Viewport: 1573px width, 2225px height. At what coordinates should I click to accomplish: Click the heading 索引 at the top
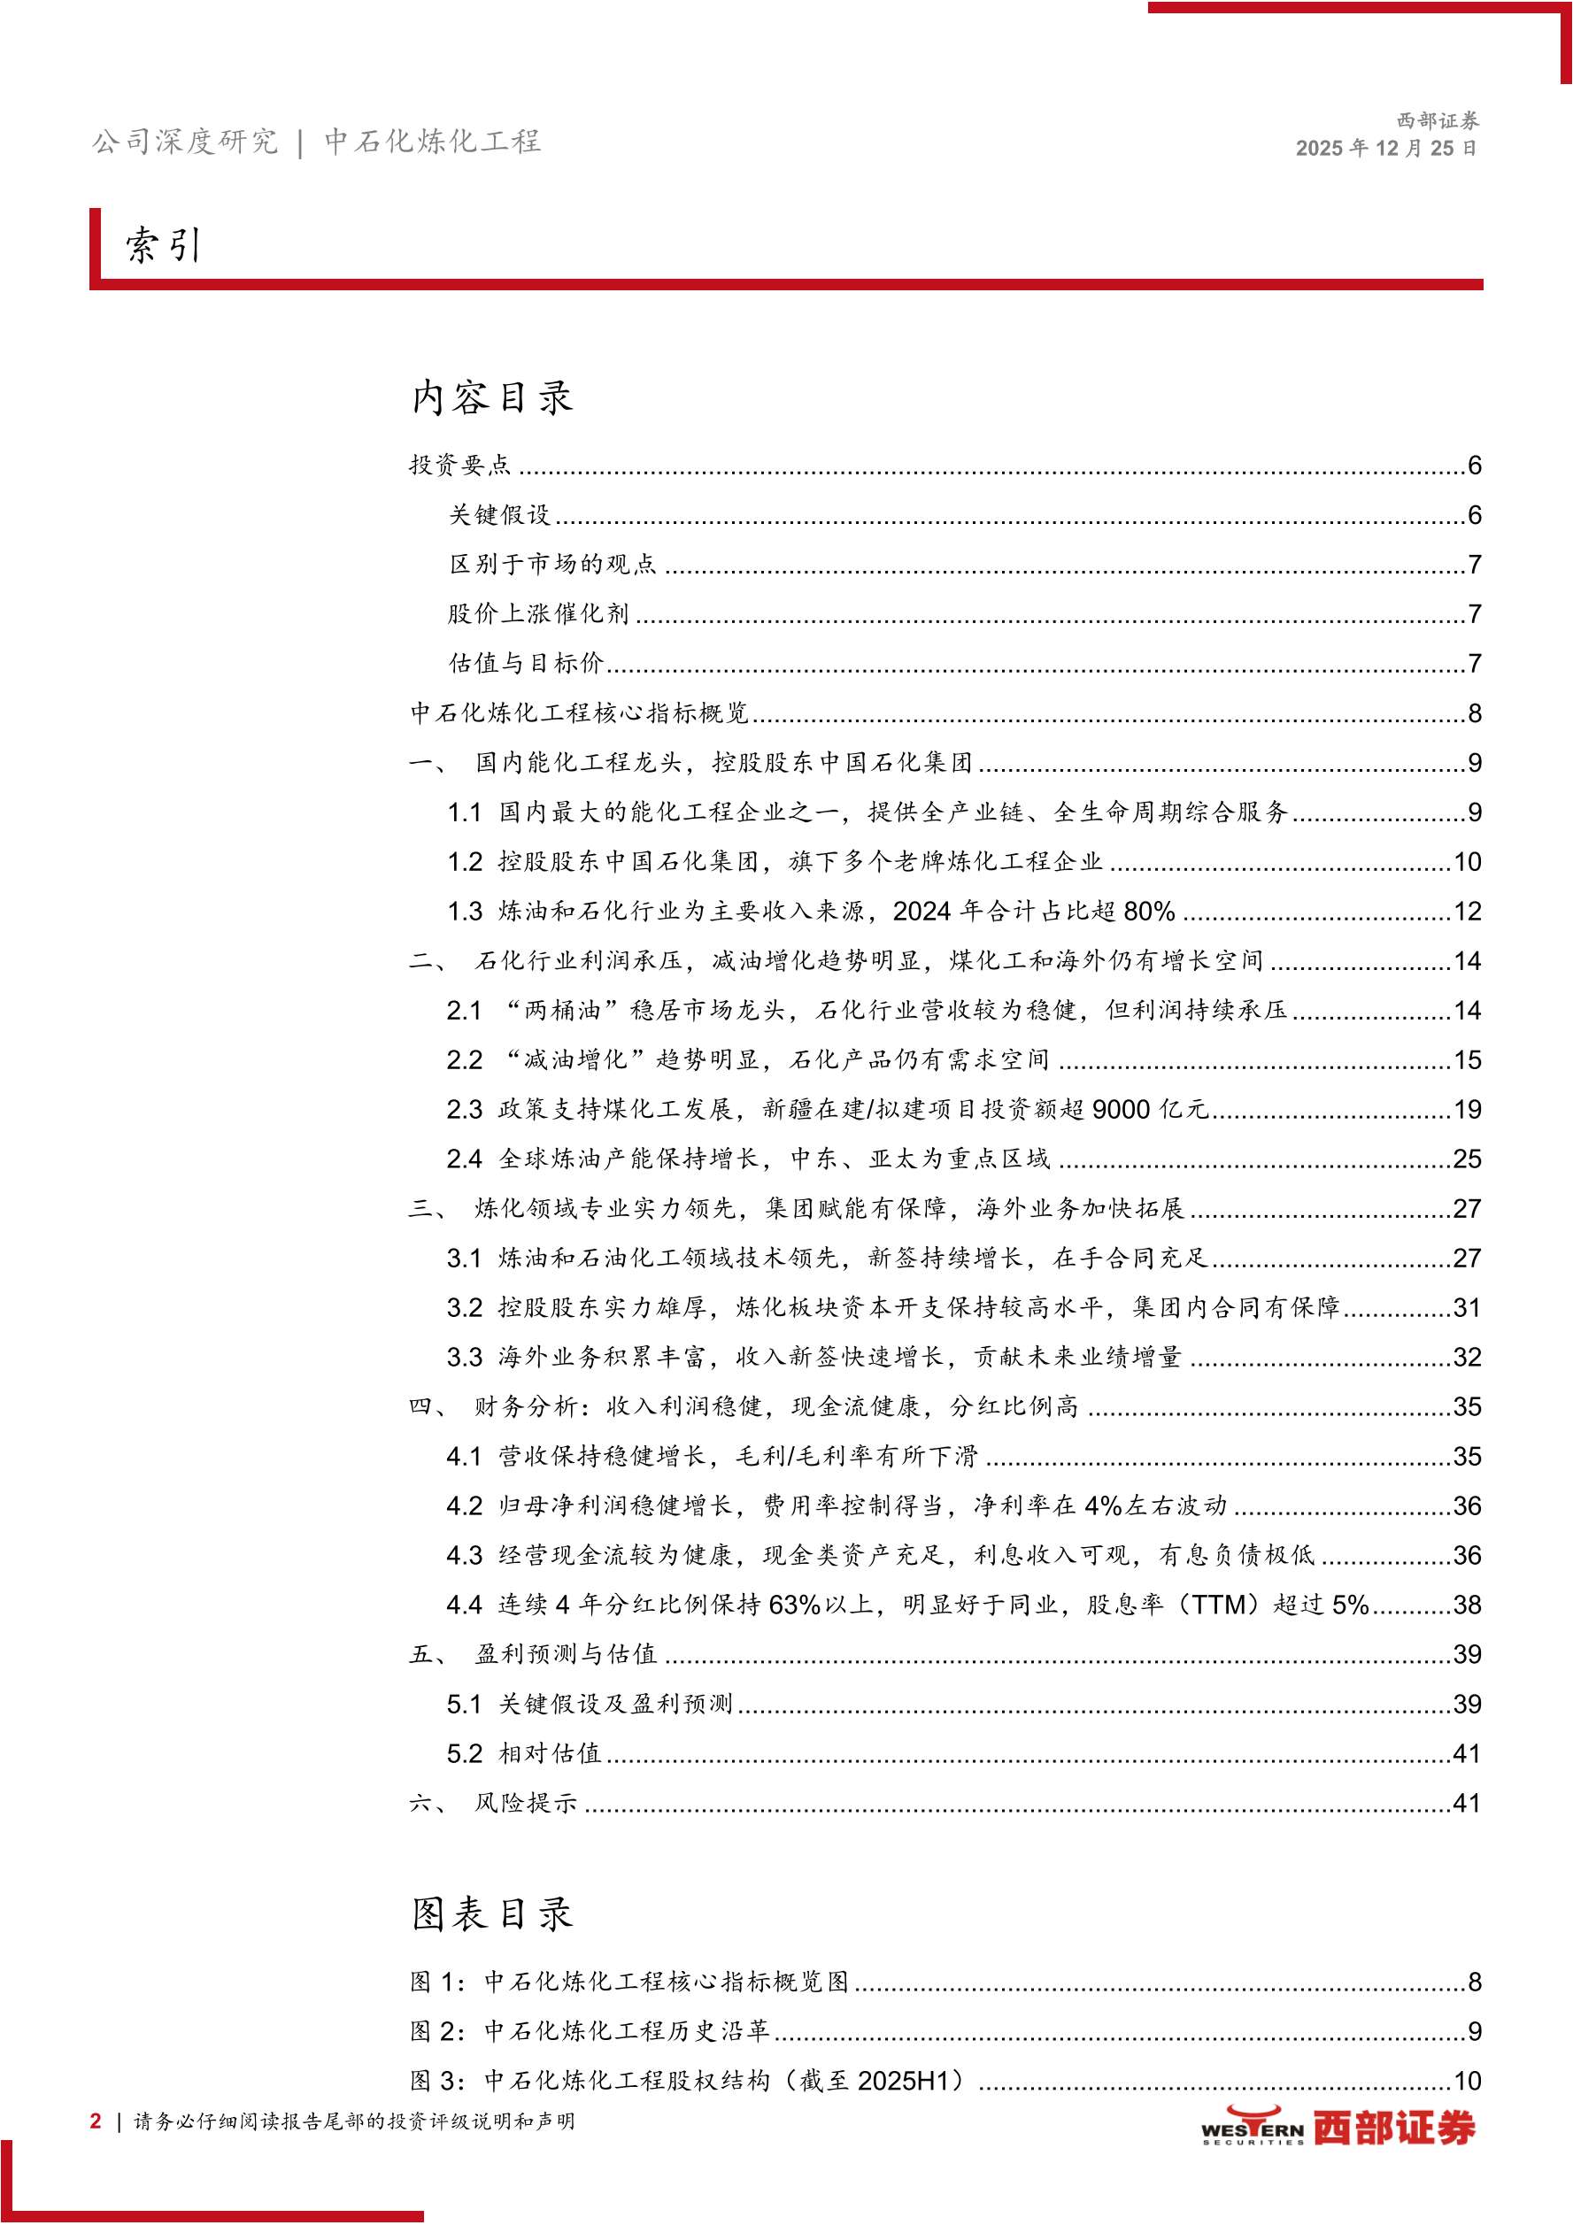[163, 245]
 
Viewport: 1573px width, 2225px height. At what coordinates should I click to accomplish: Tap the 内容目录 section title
[491, 397]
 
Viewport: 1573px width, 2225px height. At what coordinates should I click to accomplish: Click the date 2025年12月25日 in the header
[1386, 149]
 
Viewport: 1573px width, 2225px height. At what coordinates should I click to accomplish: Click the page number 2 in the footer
[95, 2121]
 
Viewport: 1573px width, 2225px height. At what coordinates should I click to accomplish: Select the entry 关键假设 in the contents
[499, 514]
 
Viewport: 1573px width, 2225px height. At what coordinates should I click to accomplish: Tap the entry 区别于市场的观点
[552, 564]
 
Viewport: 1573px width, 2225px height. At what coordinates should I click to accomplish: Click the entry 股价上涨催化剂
[538, 613]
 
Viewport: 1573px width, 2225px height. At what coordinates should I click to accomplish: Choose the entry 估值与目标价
[525, 663]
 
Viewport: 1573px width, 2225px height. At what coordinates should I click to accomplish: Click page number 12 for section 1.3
[1467, 911]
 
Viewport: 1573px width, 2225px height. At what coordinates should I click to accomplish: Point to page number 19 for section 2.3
[1467, 1110]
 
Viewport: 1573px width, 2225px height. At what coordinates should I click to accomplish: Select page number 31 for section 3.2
[1467, 1308]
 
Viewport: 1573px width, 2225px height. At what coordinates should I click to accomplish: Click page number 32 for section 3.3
[1467, 1358]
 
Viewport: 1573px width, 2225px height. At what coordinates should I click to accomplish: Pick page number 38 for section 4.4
[1467, 1605]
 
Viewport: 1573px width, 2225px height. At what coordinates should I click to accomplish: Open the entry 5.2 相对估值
[523, 1754]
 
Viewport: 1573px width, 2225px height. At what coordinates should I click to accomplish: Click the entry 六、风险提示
[493, 1804]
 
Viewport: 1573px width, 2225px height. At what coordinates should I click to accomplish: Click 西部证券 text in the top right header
[1438, 121]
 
